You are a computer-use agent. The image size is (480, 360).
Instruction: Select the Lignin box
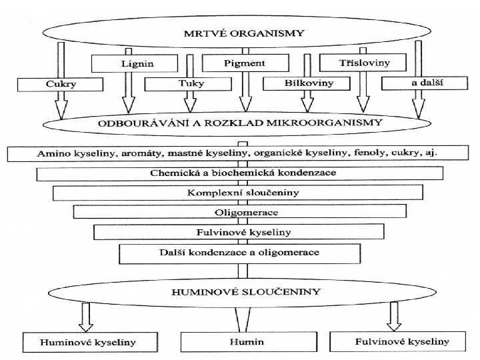click(x=135, y=63)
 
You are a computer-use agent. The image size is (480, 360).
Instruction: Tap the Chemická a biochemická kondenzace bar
click(x=240, y=173)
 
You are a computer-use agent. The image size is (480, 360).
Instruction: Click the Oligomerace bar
click(x=240, y=211)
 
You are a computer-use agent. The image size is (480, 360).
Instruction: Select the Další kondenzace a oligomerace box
click(x=240, y=253)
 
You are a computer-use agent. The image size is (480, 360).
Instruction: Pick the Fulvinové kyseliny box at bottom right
click(x=401, y=342)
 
